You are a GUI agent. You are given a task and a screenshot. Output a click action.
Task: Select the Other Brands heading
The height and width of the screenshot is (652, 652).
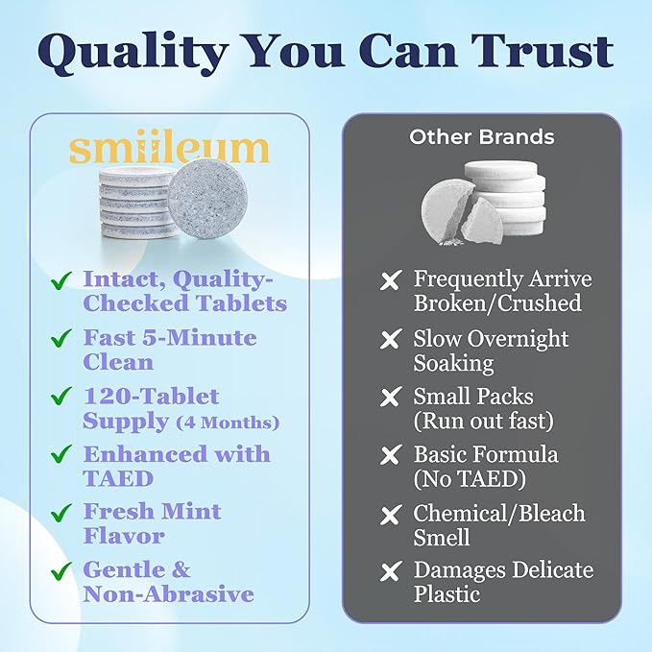(481, 136)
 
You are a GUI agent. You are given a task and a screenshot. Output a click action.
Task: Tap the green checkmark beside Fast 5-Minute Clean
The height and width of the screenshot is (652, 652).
(61, 339)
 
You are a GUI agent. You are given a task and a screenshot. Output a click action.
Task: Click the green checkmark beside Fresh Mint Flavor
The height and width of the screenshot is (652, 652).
(61, 512)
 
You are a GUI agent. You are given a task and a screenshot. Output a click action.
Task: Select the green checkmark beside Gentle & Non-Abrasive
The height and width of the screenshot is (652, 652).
(61, 570)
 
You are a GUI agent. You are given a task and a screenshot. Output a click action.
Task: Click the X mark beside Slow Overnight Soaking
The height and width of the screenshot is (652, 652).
(391, 340)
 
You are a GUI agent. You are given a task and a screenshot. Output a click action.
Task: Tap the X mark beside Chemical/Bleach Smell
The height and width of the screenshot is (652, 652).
(391, 515)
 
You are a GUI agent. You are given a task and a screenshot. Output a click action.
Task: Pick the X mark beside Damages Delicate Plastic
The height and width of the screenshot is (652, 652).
(391, 572)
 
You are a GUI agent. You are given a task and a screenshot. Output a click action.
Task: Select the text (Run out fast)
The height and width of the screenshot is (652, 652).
(484, 422)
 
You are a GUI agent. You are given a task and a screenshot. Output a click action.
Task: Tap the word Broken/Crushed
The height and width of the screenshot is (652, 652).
(497, 303)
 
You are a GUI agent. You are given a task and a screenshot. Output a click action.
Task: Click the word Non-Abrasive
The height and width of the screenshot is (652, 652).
(168, 593)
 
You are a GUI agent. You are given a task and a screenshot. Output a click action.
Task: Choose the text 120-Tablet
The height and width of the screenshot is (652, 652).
(151, 397)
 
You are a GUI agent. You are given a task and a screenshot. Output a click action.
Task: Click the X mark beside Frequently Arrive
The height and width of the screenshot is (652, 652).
(391, 281)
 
